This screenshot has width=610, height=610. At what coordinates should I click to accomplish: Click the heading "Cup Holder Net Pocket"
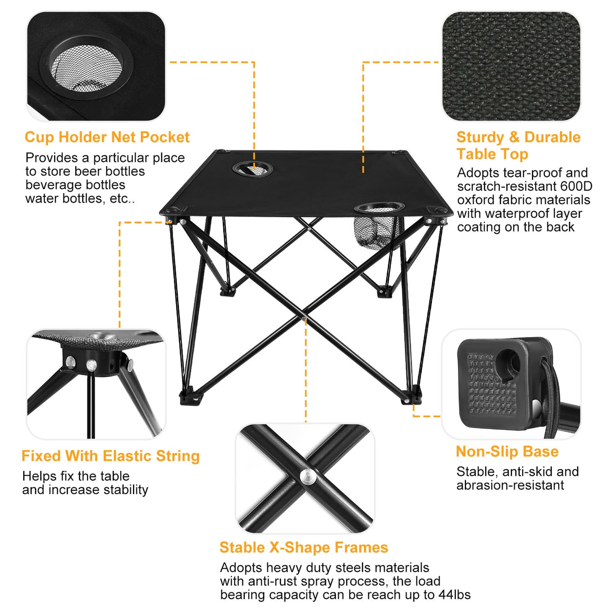tap(107, 137)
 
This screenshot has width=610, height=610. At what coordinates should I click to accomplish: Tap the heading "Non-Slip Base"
tap(507, 451)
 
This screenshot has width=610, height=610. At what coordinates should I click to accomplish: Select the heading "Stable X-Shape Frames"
tap(304, 547)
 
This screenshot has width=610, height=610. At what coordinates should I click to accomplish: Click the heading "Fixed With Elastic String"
tap(111, 456)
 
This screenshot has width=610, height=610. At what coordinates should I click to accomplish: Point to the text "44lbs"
tap(455, 594)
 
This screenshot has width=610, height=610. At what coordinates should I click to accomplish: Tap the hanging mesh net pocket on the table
tap(371, 232)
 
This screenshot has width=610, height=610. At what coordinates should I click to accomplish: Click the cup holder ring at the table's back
tap(252, 169)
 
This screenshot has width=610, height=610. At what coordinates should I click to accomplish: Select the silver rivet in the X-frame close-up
tap(308, 477)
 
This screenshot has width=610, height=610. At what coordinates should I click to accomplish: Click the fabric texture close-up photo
tap(511, 66)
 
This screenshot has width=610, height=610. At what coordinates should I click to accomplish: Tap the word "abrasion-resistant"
tap(510, 485)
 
